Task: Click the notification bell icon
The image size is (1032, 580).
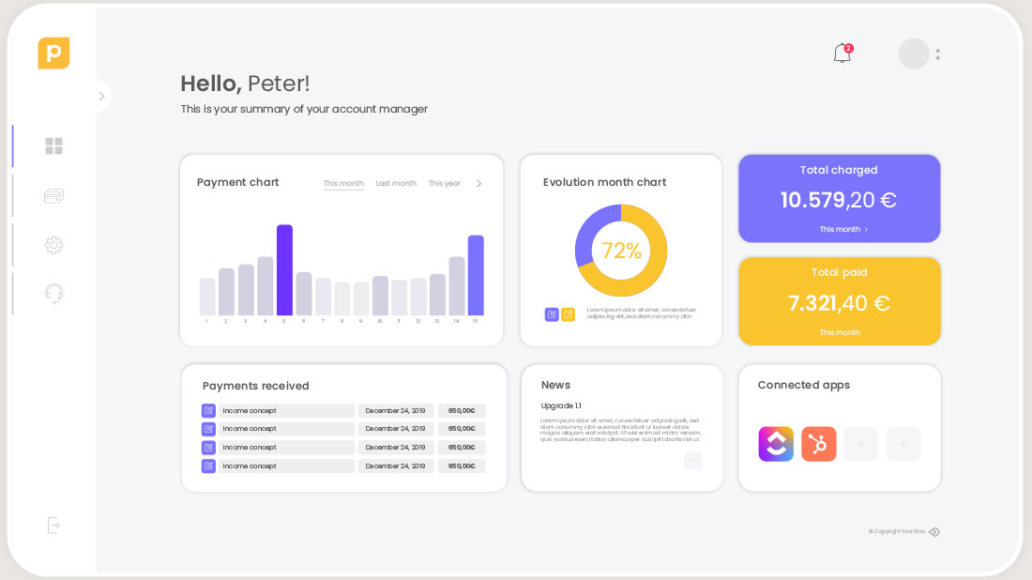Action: tap(842, 54)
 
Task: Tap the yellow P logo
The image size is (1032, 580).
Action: tap(53, 53)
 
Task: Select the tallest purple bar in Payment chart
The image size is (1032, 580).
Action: tap(284, 269)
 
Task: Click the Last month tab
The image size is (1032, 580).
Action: tap(396, 184)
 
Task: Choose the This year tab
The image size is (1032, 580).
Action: tap(445, 184)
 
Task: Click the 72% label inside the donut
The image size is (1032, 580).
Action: tap(621, 251)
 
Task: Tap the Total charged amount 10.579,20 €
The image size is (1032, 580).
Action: tap(839, 200)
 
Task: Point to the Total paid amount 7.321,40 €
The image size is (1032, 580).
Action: tap(839, 303)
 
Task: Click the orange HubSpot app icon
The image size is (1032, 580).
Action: tap(818, 444)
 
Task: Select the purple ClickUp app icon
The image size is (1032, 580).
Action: tap(776, 444)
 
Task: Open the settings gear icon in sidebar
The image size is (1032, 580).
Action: tap(53, 245)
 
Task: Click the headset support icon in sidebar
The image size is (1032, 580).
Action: tap(53, 294)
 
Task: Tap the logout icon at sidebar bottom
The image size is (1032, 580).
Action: tap(53, 526)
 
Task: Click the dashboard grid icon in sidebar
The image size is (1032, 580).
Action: tap(53, 146)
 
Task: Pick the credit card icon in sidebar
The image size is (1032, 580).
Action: tap(53, 196)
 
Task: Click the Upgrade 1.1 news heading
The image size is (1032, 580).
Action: tap(561, 405)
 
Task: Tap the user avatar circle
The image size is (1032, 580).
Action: tap(914, 53)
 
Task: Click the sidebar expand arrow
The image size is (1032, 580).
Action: tap(101, 96)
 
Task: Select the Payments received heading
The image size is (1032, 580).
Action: tap(255, 386)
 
